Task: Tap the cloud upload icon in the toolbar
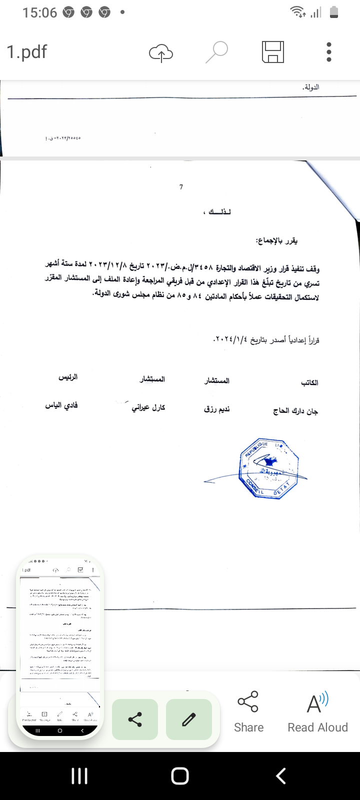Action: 161,52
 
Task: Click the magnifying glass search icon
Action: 216,52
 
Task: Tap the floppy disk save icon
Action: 273,52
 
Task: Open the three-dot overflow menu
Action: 328,52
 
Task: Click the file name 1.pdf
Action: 27,52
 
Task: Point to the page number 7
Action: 181,187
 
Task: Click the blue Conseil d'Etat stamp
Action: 269,469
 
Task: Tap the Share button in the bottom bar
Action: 248,712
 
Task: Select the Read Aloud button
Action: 317,712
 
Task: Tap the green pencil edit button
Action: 188,719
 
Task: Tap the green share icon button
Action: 135,719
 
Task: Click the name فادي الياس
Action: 61,405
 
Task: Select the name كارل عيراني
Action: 148,408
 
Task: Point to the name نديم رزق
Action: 217,409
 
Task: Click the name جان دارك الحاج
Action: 295,411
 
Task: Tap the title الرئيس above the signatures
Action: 68,377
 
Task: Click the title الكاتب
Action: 309,382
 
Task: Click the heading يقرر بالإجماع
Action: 277,241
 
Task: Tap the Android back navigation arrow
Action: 281,776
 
